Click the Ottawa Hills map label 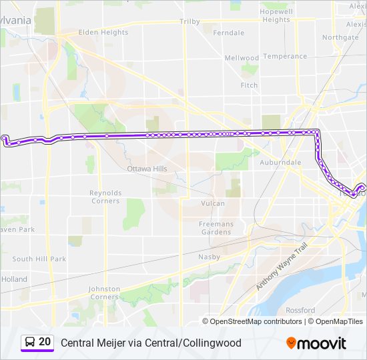coord(147,169)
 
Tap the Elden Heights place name coord(103,32)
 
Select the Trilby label coord(190,21)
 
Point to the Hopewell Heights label coord(276,16)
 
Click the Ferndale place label coord(228,32)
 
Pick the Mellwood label coord(241,58)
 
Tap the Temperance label coord(285,56)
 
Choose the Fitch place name coord(249,85)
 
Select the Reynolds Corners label coord(105,197)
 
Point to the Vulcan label coord(213,203)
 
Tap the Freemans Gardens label coord(216,228)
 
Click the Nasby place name coord(209,256)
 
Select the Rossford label coord(300,310)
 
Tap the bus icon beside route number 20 coord(30,343)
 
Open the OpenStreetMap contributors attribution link coord(256,321)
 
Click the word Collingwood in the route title coord(206,343)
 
